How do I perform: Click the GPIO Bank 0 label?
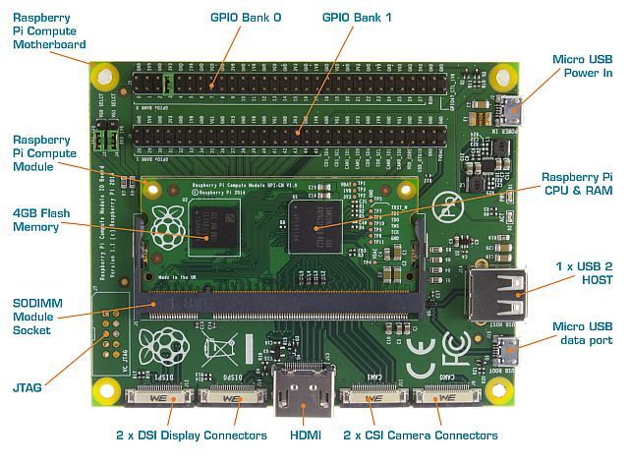click(245, 17)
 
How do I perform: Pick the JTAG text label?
click(27, 387)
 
